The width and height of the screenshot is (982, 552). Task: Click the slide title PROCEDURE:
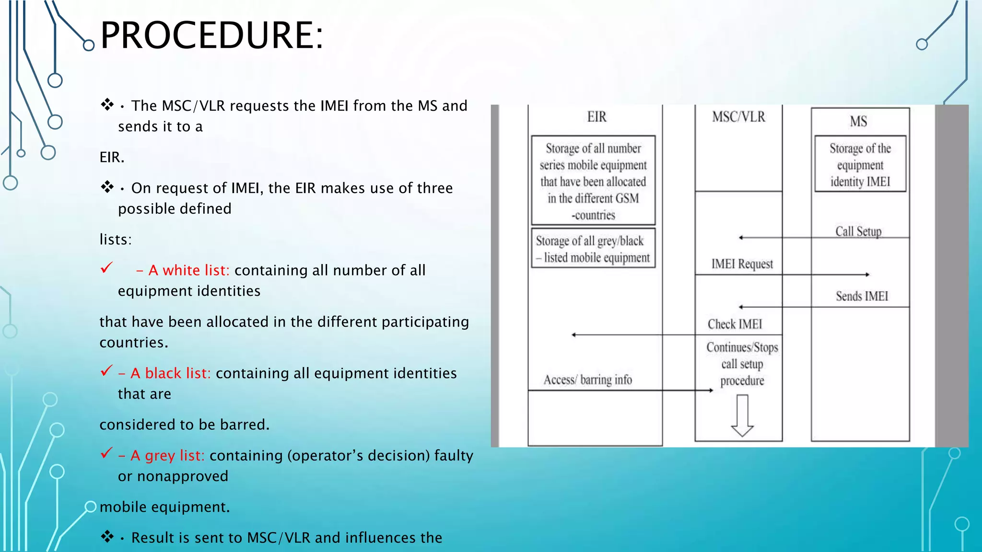click(211, 35)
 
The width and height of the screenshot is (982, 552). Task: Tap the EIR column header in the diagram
click(596, 117)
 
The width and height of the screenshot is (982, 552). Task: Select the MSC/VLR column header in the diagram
click(738, 117)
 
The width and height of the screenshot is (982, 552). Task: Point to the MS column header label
click(858, 121)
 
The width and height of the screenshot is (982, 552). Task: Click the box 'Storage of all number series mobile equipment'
click(593, 181)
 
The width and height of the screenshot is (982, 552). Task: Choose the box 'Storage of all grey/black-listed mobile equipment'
click(593, 249)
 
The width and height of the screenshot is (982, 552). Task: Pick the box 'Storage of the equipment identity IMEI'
click(860, 164)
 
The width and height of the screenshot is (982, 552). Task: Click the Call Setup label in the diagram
click(858, 231)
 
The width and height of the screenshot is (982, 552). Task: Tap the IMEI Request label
click(742, 264)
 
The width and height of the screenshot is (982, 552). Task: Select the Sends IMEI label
click(862, 296)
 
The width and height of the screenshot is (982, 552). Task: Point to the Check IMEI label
click(735, 324)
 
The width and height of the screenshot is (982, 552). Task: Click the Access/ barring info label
click(587, 380)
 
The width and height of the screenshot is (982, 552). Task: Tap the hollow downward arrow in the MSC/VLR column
click(742, 415)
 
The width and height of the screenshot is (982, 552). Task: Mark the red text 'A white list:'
click(189, 270)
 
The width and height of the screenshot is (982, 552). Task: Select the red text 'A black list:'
click(171, 373)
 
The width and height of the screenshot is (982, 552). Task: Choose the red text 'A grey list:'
click(168, 455)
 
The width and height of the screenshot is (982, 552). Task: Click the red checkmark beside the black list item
click(106, 371)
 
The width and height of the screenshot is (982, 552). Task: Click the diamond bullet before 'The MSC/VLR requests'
click(107, 104)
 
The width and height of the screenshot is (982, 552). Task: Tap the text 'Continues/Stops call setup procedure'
click(742, 364)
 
